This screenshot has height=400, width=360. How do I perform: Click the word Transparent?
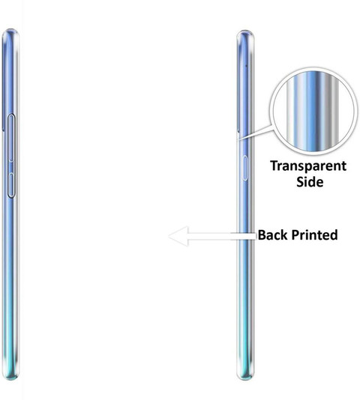point(308,166)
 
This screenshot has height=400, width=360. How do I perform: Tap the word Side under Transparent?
point(310,182)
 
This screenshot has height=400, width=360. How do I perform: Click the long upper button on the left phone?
point(11,138)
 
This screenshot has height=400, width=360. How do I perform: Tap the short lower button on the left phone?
point(12,185)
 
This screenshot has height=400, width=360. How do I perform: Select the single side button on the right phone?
point(244,168)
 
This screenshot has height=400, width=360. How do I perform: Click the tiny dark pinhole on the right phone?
point(247,66)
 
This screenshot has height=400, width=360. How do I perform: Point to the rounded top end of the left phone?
point(10,32)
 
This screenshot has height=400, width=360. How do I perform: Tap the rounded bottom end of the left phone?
point(10,377)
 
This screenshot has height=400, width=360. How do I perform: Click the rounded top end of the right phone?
point(245,34)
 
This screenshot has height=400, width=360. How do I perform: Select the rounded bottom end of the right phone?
point(245,377)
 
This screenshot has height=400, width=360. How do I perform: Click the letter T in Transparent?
point(274,166)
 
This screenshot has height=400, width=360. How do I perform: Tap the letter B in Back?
point(262,234)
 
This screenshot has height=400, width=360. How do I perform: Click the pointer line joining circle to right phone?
point(255,133)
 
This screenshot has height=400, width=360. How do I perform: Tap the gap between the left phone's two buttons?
point(11,168)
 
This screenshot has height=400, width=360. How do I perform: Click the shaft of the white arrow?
point(222,236)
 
